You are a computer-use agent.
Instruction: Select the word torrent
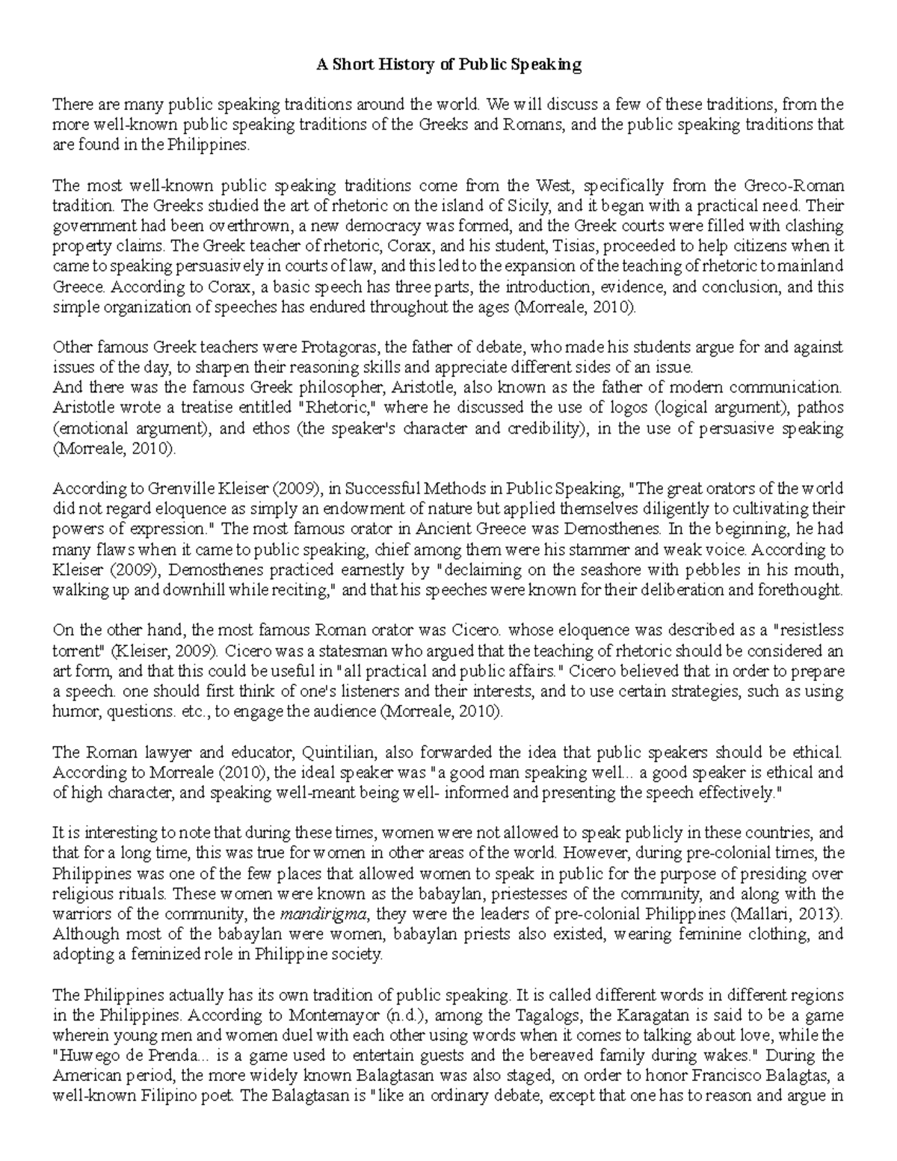[74, 650]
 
